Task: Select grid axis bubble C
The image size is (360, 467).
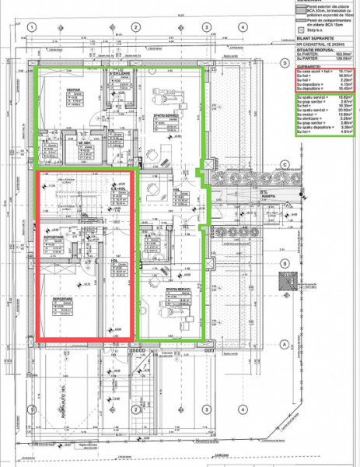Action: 285,164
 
